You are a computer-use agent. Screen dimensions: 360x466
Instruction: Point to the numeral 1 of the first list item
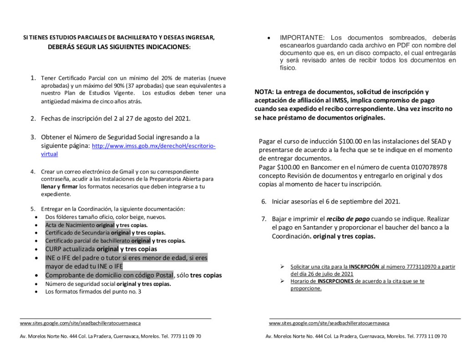tap(33, 78)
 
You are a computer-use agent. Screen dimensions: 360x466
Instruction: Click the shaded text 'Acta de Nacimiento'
tap(70, 225)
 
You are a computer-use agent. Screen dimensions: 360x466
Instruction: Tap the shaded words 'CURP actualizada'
tap(70, 249)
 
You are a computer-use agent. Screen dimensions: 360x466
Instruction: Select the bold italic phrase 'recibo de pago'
tap(350, 219)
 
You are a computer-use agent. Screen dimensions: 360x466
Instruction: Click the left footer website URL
tap(80, 323)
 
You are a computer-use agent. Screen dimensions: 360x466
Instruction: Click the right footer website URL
tap(329, 323)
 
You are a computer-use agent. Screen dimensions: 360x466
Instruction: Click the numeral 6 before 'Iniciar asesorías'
tap(263, 201)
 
